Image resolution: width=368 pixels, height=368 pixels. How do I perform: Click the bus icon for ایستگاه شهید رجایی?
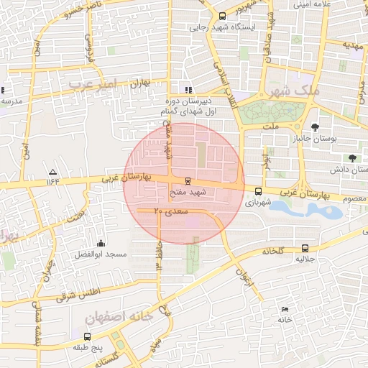click(x=222, y=15)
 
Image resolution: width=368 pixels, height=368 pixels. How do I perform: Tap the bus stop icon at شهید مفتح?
click(x=188, y=180)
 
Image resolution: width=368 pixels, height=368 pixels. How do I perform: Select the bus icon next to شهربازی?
click(x=258, y=191)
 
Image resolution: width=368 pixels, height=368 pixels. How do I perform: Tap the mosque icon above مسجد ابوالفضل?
click(x=100, y=243)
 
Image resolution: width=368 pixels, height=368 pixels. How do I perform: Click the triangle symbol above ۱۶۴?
click(x=52, y=172)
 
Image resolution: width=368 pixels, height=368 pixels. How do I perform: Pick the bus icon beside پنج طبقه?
click(x=87, y=336)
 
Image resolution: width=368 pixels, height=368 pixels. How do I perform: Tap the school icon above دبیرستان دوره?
click(x=188, y=90)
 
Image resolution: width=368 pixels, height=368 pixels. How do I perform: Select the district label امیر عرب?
click(x=91, y=86)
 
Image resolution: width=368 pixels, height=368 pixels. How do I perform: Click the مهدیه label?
click(x=351, y=45)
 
